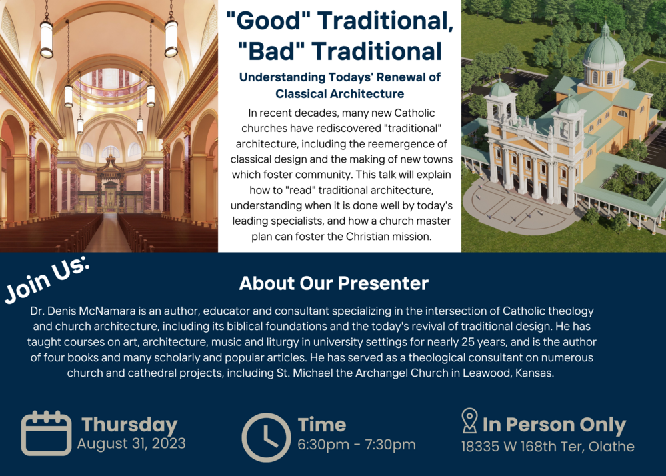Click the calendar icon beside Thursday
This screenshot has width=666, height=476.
(x=46, y=433)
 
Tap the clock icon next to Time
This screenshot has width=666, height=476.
(x=266, y=437)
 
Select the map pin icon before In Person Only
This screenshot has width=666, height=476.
(x=469, y=421)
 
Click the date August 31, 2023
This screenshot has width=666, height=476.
(x=131, y=443)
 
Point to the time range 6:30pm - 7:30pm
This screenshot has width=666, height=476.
(x=357, y=445)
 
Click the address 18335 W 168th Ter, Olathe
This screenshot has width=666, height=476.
(x=547, y=446)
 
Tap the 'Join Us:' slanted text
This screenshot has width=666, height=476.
(x=47, y=279)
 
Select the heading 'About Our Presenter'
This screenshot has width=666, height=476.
(x=333, y=283)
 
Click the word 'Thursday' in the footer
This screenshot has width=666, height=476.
(x=129, y=425)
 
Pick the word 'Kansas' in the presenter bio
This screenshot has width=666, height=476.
(x=533, y=373)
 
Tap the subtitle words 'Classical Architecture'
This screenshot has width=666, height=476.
(x=340, y=94)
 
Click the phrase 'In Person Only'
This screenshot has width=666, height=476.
(x=554, y=425)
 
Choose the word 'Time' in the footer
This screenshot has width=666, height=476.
(x=321, y=425)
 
